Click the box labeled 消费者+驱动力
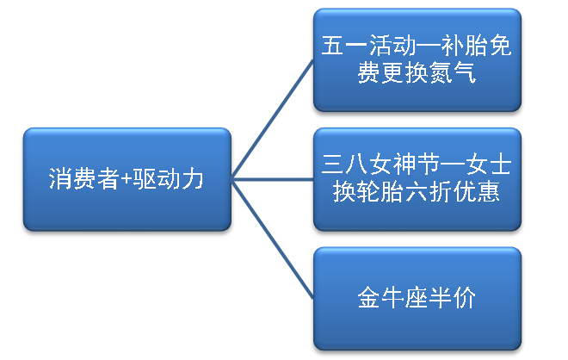[127, 179]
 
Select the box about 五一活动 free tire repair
[417, 59]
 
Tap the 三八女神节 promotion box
[417, 179]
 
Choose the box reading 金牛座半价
[417, 298]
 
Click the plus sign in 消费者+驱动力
[126, 179]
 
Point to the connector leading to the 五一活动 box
[273, 119]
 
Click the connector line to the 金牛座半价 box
[273, 239]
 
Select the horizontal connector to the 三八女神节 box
[273, 179]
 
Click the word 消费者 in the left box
[84, 179]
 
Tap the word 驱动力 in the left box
[168, 179]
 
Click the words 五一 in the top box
[344, 46]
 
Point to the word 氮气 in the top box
[453, 73]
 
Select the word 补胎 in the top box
[465, 46]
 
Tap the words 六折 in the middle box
[429, 192]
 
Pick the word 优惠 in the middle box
[477, 192]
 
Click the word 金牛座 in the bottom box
[393, 298]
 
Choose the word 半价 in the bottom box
[453, 298]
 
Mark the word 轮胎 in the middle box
[380, 192]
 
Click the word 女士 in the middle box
[488, 165]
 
